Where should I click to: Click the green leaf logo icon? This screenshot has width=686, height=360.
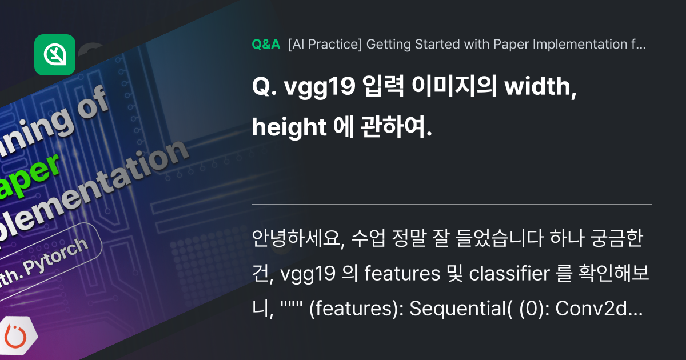(55, 55)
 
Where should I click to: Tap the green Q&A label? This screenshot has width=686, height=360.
(265, 45)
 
